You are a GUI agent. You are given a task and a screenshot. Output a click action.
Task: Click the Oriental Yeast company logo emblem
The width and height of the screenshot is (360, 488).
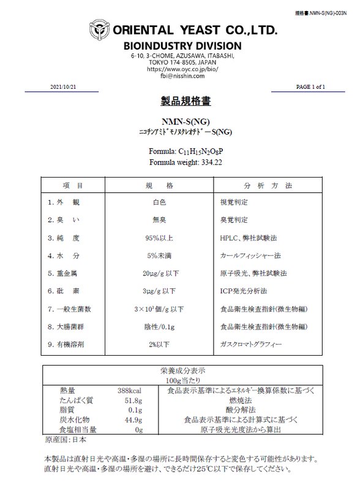[x=100, y=29]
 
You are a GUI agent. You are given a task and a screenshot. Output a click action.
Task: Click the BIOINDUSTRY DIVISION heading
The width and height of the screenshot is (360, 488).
[x=182, y=47]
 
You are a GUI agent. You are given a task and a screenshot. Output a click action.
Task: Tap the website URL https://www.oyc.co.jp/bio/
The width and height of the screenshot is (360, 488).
[x=182, y=70]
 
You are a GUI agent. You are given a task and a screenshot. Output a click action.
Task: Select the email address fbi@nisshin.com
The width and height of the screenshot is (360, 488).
[x=182, y=77]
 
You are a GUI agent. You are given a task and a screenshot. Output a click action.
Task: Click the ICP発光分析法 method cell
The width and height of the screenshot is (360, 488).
[x=243, y=291]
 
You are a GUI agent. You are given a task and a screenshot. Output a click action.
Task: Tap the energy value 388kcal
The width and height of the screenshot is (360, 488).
[x=129, y=390]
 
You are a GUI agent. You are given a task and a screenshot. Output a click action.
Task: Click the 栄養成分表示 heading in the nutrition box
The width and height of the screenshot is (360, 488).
[x=182, y=372]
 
